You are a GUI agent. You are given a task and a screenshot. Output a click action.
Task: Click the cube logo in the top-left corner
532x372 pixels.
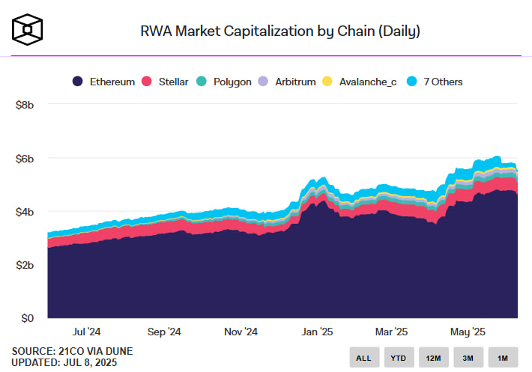[x=28, y=28]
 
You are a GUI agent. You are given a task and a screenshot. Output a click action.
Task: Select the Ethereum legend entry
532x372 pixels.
[x=103, y=81]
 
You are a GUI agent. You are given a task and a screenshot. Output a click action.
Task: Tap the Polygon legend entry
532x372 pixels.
[x=224, y=81]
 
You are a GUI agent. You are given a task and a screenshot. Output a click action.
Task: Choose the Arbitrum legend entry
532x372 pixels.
[x=287, y=81]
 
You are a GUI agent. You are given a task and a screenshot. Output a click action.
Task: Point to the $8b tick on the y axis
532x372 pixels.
[x=25, y=105]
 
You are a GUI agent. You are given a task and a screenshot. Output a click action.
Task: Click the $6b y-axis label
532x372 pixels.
[x=25, y=159]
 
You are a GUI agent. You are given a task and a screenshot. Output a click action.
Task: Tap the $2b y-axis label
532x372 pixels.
[x=25, y=265]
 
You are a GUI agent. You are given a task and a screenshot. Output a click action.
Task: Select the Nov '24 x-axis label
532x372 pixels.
[x=241, y=332]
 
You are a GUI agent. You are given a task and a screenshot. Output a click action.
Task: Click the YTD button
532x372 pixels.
[x=398, y=358]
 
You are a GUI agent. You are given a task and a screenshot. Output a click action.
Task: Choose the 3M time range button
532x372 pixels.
[x=468, y=358]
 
